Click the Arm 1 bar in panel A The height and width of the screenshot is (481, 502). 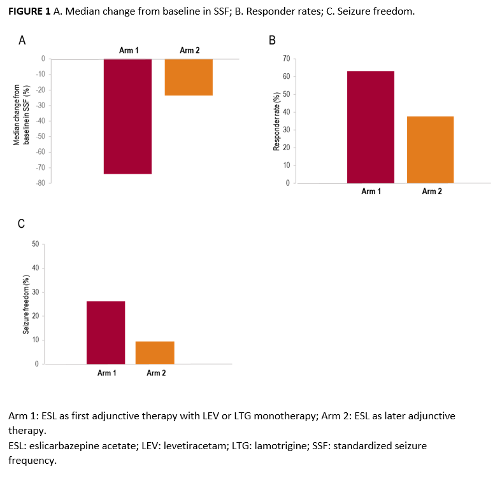tap(127, 116)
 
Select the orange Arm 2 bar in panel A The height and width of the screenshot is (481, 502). tap(189, 77)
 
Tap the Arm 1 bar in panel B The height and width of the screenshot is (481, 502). tap(370, 127)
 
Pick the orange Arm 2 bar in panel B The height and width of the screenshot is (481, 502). tap(430, 150)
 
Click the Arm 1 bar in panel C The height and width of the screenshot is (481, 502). tap(105, 332)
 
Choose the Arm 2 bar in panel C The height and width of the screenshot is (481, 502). tap(155, 352)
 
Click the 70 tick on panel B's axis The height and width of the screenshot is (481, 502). tap(285, 59)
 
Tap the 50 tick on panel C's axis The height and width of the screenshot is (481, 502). tap(36, 244)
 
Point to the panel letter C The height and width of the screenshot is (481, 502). tap(22, 223)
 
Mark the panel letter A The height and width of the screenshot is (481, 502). tap(22, 41)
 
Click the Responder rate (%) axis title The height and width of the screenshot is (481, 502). tap(276, 121)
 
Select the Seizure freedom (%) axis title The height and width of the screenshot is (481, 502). tap(26, 303)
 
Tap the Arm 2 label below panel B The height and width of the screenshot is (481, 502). tap(431, 192)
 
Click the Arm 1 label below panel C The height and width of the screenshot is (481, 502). tap(106, 373)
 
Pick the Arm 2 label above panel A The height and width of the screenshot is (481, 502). tap(189, 50)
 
